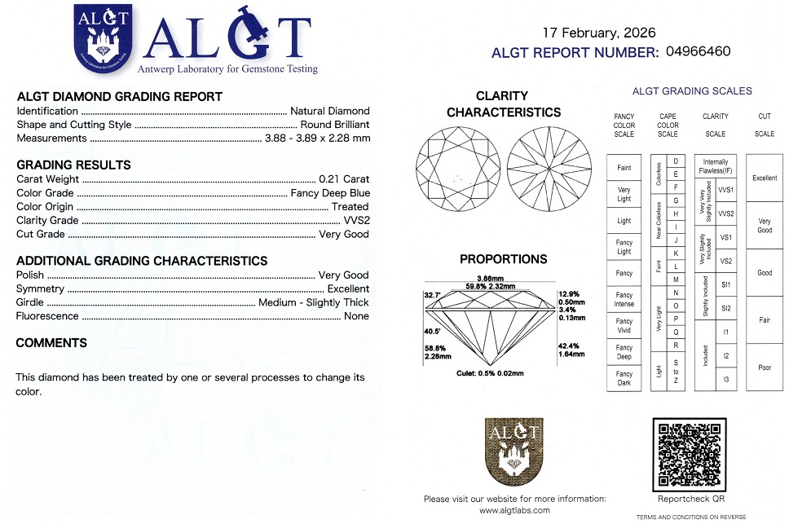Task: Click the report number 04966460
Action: tap(698, 51)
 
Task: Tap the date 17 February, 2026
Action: tap(597, 33)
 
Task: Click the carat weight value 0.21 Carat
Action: tap(344, 179)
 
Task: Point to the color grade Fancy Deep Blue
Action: tap(329, 193)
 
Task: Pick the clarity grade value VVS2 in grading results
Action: tap(355, 220)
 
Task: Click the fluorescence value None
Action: tap(356, 316)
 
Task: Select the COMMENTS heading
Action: tap(51, 343)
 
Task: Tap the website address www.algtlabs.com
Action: tap(514, 510)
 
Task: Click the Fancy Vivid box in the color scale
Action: tap(624, 325)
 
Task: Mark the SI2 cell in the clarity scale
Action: tap(726, 308)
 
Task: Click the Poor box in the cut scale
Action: tap(765, 368)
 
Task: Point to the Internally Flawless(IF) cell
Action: tap(716, 166)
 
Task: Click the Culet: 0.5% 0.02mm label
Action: tap(490, 372)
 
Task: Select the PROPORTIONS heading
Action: tap(503, 259)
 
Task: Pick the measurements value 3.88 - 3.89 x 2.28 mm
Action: tap(317, 139)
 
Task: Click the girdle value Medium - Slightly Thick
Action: tap(313, 302)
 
